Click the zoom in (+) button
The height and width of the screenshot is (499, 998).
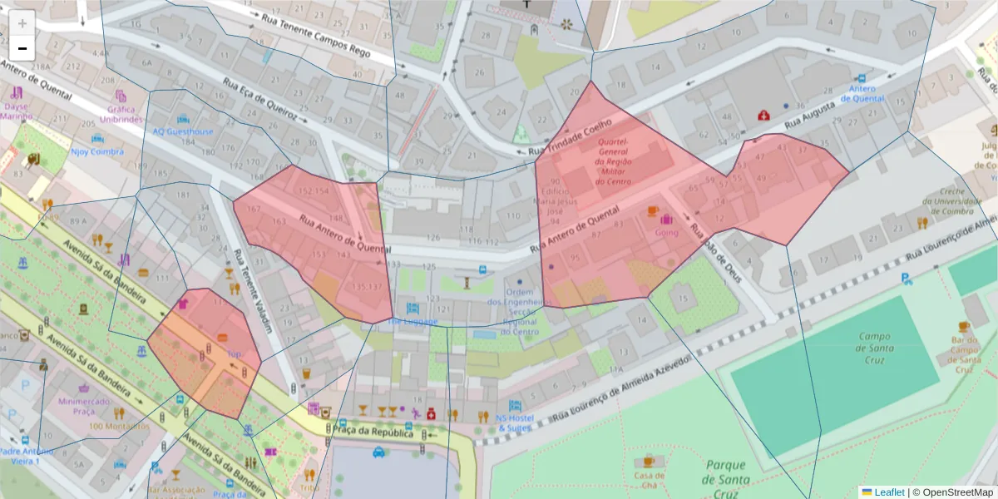[22, 22]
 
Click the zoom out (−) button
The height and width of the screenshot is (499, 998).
[22, 48]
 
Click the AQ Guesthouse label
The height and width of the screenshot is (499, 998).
[183, 131]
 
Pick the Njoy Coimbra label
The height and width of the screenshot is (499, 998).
[96, 152]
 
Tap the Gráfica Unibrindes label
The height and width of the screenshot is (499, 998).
[121, 114]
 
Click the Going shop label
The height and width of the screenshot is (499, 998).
[666, 233]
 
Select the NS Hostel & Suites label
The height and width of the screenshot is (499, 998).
[513, 422]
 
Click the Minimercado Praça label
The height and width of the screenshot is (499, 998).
[83, 405]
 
